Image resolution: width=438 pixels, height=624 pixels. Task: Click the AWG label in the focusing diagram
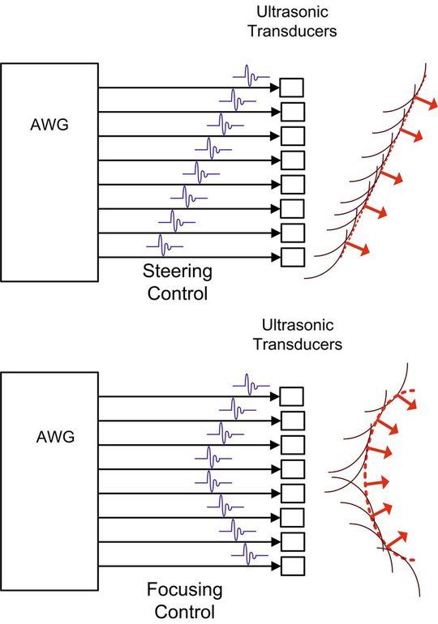(55, 437)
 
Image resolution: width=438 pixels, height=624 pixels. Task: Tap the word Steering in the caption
(178, 271)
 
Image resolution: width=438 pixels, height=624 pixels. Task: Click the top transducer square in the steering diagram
(292, 87)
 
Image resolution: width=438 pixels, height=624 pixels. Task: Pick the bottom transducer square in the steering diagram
(292, 258)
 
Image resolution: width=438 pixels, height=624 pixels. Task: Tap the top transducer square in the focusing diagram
(292, 396)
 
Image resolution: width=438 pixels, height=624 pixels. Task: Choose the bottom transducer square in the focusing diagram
(292, 566)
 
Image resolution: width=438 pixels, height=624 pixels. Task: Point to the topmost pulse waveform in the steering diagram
(251, 79)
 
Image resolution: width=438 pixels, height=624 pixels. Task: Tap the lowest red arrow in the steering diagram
(357, 246)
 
